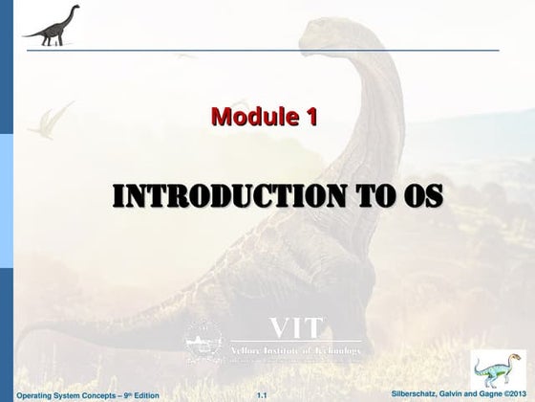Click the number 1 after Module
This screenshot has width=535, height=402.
310,118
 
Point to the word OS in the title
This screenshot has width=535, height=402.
421,195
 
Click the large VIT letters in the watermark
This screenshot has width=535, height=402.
296,328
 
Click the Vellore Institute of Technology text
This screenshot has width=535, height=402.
296,351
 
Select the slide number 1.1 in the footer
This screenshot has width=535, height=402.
264,394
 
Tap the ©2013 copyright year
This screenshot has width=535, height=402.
513,393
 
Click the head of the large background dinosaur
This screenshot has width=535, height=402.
330,38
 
